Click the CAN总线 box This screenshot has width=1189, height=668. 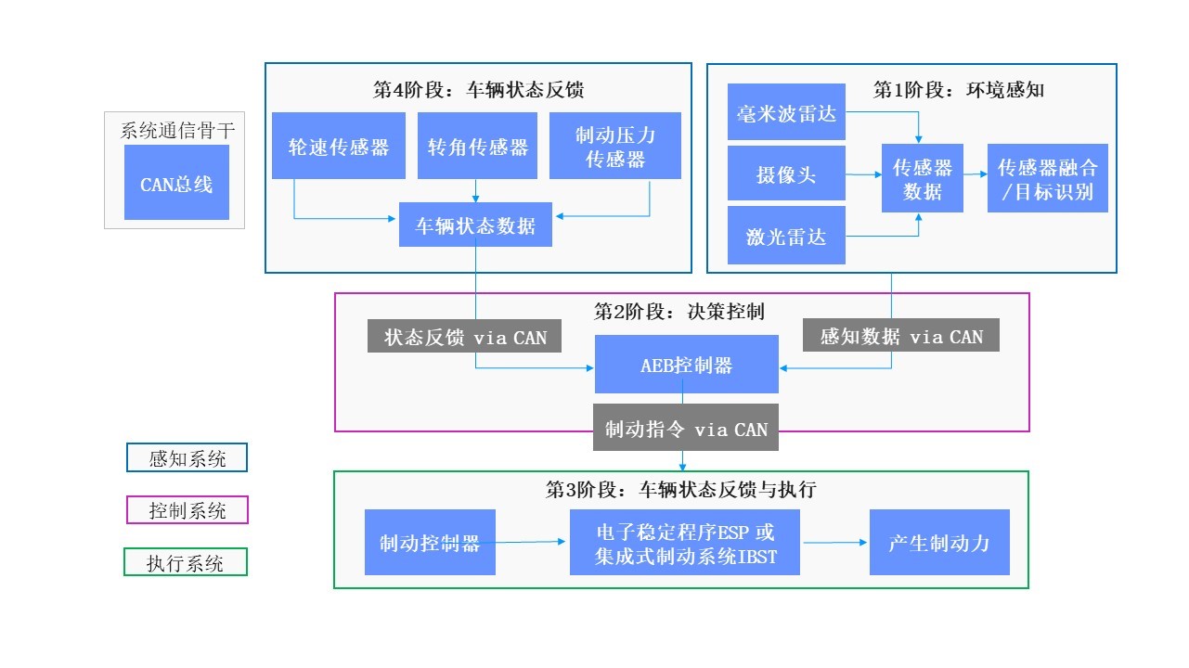click(x=176, y=183)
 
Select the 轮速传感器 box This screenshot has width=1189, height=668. click(x=338, y=146)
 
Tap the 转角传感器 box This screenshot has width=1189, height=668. click(x=477, y=146)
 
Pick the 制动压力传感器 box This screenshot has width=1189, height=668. click(x=614, y=146)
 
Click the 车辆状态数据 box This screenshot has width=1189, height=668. click(x=475, y=225)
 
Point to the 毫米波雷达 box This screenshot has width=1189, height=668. click(x=786, y=114)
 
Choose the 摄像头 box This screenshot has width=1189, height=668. click(x=786, y=173)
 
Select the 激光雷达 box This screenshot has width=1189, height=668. click(x=786, y=236)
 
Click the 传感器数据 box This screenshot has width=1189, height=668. click(x=922, y=178)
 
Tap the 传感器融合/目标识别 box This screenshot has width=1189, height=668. click(x=1047, y=178)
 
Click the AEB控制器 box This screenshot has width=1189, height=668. click(x=686, y=365)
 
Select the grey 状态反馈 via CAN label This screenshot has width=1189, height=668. click(x=465, y=336)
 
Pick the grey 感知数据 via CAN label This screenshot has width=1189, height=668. click(x=900, y=335)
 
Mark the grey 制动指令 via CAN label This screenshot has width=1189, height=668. click(x=686, y=428)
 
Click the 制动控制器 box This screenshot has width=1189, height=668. click(x=430, y=543)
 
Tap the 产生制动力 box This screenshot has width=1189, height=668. click(x=938, y=542)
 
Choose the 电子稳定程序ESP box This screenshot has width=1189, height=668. click(x=684, y=543)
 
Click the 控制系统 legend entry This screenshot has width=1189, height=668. click(x=187, y=509)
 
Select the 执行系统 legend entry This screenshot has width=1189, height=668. click(x=186, y=561)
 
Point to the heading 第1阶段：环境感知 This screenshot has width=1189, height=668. click(x=959, y=90)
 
